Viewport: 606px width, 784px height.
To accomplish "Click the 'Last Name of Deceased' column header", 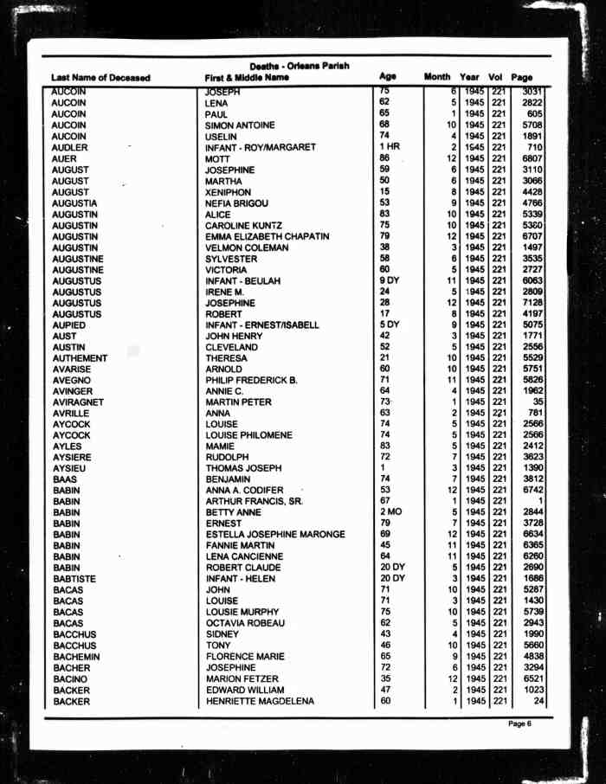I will coord(100,78).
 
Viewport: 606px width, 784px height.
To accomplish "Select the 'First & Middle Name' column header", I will coord(247,78).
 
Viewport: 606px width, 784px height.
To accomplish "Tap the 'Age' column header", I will coord(388,77).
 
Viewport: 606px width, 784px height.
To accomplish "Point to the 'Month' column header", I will coord(437,78).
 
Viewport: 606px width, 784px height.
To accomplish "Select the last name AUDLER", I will coord(69,147).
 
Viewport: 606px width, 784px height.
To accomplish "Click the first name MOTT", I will coord(217,159).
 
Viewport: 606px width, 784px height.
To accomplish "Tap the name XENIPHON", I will coord(228,192).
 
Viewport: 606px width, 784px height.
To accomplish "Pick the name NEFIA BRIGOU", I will coord(237,203).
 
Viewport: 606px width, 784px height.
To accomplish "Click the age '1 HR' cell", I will coord(389,147).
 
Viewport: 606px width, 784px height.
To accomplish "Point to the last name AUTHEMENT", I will coord(80,358).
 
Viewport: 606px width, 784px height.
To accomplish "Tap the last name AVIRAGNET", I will coord(78,402).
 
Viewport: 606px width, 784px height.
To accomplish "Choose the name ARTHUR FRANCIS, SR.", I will coord(254,502).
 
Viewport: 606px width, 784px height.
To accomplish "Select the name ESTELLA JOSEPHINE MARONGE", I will coord(274,535).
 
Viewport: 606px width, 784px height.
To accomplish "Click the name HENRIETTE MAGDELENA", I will coord(260,702).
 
